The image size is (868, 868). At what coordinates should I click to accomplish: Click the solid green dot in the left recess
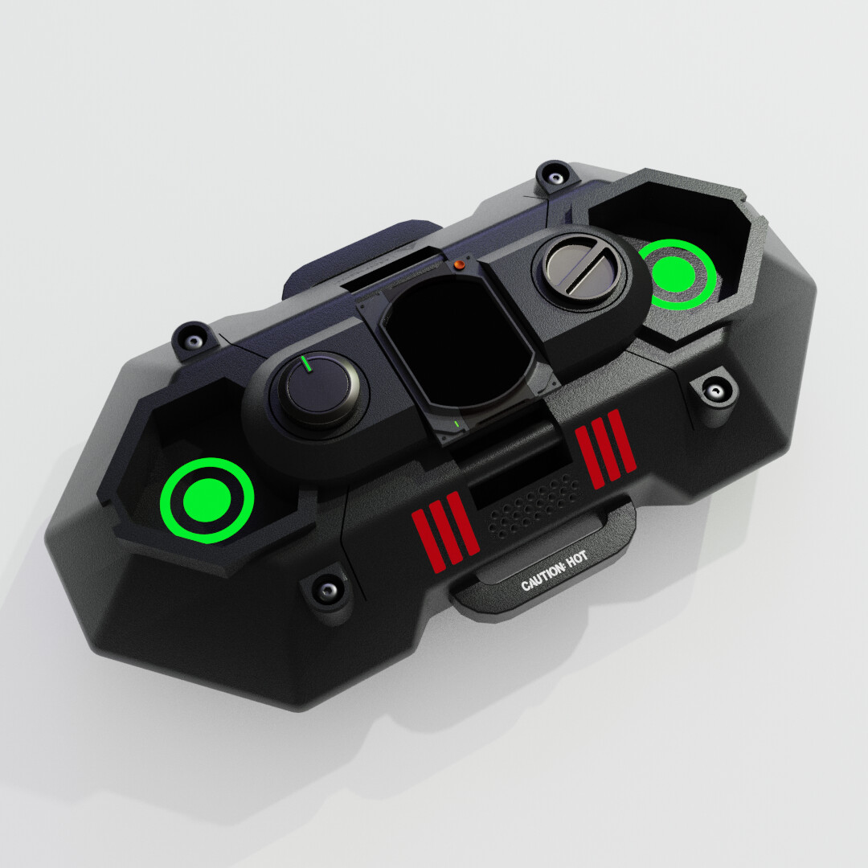[x=207, y=499]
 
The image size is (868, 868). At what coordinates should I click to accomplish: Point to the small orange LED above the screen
[x=459, y=264]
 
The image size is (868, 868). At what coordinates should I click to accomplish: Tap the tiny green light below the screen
[x=456, y=422]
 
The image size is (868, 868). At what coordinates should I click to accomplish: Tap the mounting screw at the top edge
[x=554, y=175]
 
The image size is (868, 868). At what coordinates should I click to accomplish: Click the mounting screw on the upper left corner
[x=193, y=338]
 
